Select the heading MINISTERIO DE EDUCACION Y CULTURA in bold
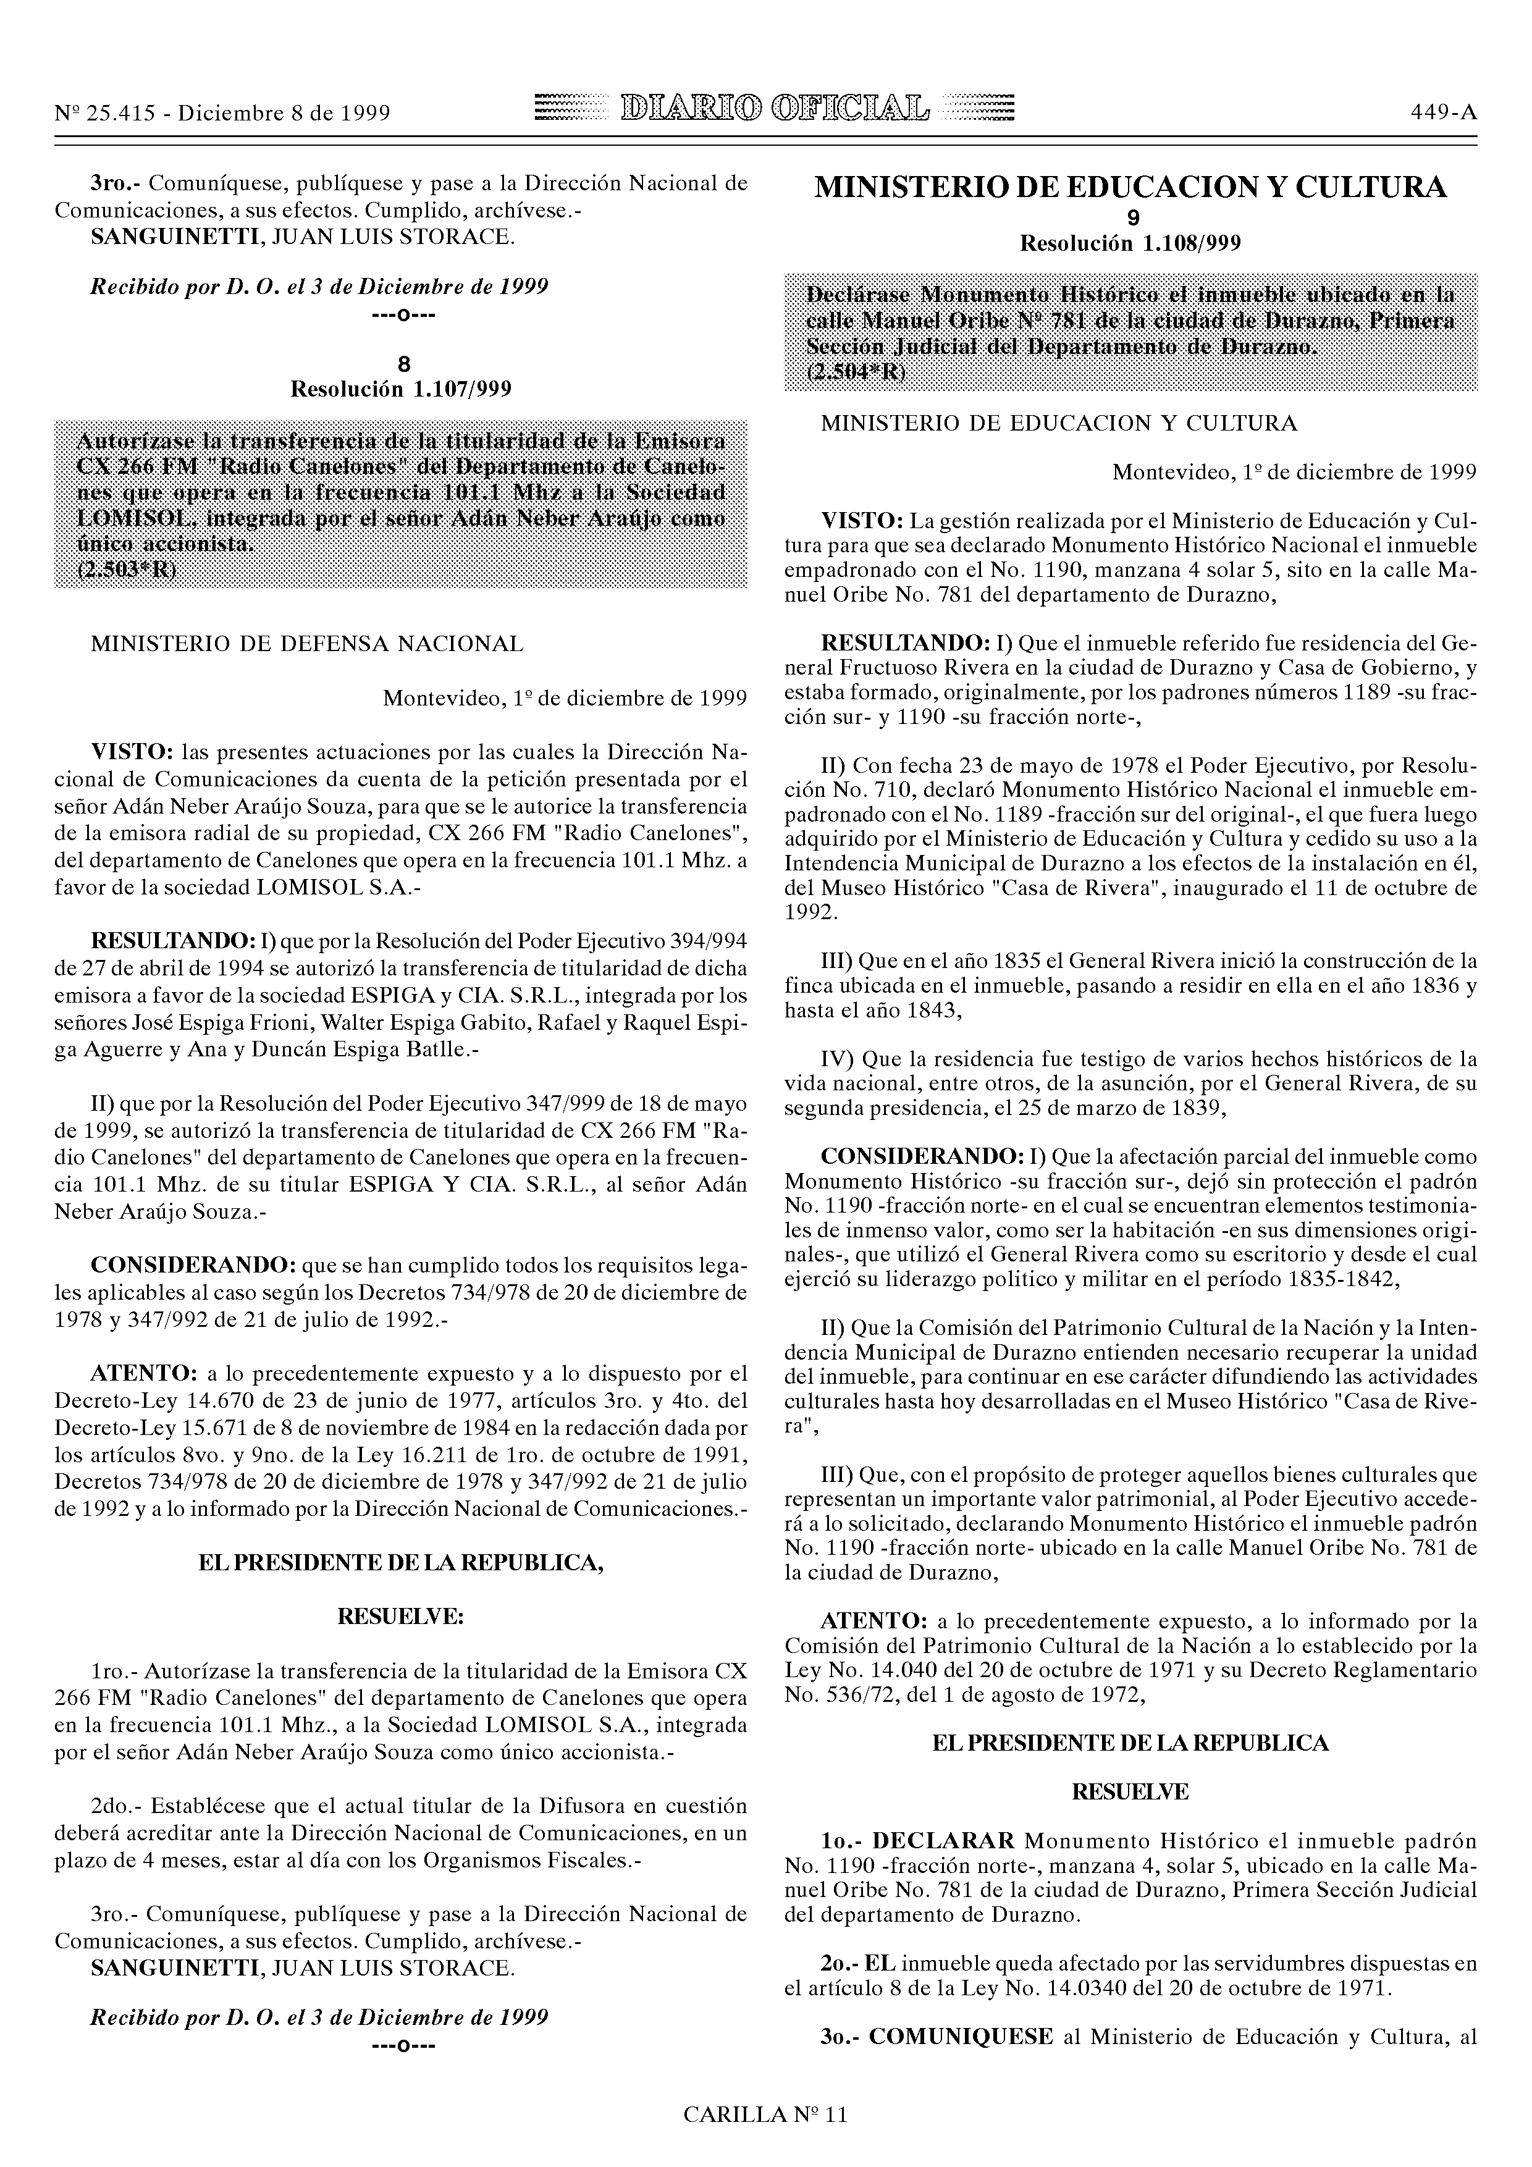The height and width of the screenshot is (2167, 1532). (x=1130, y=188)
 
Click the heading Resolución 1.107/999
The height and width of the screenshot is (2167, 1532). (x=400, y=389)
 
